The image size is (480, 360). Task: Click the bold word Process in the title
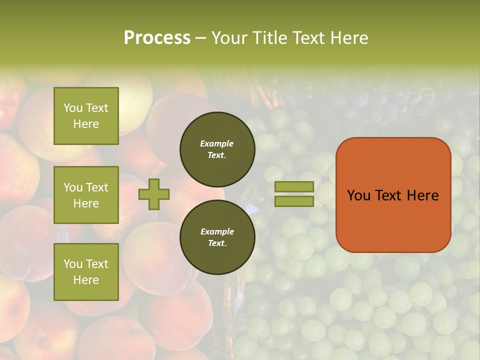tap(157, 37)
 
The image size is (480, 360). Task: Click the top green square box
tap(86, 116)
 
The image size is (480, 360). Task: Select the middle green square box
tap(86, 195)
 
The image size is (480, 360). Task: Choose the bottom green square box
tap(86, 272)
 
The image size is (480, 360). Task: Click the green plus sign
tap(154, 194)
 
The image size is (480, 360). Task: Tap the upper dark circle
tap(217, 149)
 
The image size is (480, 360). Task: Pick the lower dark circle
tap(217, 237)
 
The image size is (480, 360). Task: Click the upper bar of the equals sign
tap(294, 186)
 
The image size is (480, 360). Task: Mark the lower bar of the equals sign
tap(294, 201)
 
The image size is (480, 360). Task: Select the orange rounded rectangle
tap(393, 195)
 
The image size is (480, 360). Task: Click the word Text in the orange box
tap(392, 195)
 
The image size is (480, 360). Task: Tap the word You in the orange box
tap(359, 195)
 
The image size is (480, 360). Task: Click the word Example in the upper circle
tap(217, 143)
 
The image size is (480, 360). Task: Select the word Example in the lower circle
tap(217, 231)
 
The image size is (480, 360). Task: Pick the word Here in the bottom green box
tap(86, 280)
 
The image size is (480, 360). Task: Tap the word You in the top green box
tap(72, 108)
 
